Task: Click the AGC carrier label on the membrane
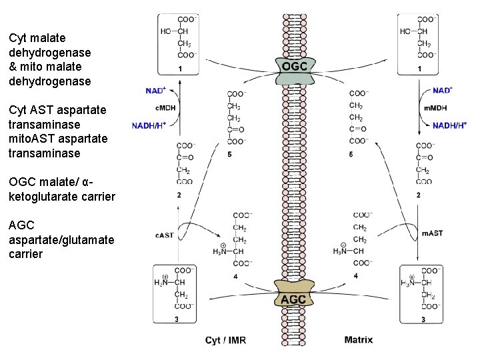tap(293, 299)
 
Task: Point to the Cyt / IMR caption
tap(225, 340)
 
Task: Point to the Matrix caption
tap(359, 340)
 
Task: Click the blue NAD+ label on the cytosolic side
tap(157, 90)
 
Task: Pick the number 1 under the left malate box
tap(180, 69)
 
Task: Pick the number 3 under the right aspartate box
tap(423, 320)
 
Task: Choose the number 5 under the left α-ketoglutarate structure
tap(229, 155)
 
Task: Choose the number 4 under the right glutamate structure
tap(355, 275)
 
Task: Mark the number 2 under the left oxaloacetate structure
tap(179, 195)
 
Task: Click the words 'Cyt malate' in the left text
tap(37, 38)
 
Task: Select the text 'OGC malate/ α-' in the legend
tap(57, 182)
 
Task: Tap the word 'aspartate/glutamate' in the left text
tap(61, 239)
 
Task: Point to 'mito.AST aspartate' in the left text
tap(57, 139)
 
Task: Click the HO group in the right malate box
tap(405, 31)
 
